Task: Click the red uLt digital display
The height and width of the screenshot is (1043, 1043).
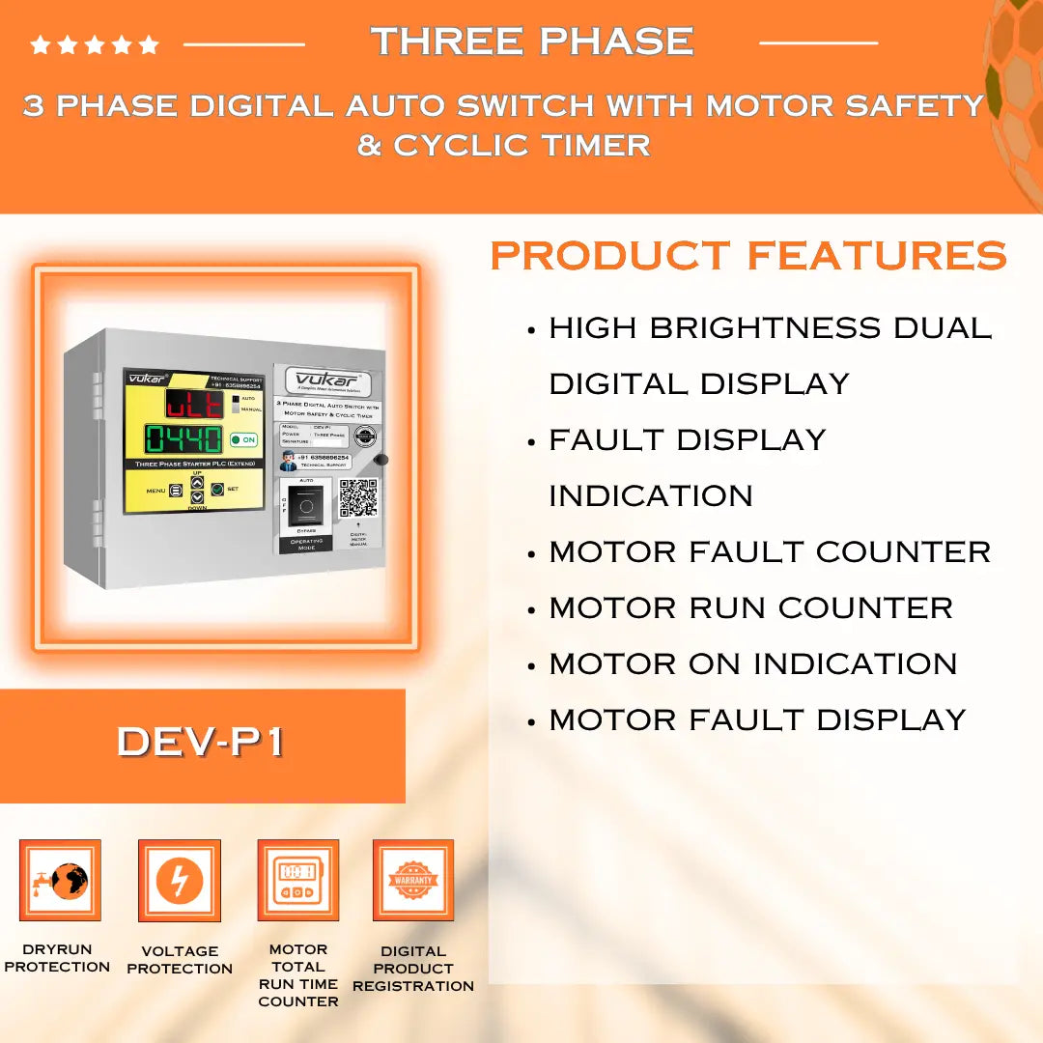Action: tap(194, 404)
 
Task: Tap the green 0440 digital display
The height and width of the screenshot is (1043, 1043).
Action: tap(183, 439)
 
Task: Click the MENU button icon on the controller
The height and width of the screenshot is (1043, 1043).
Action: tap(176, 491)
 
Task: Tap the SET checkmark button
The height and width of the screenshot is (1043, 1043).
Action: tap(217, 490)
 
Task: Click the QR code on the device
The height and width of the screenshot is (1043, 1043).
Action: tap(357, 497)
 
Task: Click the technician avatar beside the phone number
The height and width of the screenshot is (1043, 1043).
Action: tap(288, 462)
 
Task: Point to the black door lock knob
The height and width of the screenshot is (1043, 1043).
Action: tap(381, 461)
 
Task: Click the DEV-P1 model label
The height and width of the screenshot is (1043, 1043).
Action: tap(201, 742)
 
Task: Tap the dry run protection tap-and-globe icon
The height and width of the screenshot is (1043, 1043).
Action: tap(60, 880)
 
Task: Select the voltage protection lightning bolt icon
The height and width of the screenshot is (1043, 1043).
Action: tap(180, 880)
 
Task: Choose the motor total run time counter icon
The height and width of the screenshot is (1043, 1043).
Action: tap(297, 880)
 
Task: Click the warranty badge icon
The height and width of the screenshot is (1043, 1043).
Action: tap(413, 880)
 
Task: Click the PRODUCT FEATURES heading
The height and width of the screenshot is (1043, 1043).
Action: tap(748, 256)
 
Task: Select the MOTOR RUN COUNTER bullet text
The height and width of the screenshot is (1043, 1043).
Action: tap(750, 608)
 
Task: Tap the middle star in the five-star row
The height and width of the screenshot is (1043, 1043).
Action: tap(95, 44)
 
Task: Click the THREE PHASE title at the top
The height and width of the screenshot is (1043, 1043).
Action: tap(532, 42)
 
